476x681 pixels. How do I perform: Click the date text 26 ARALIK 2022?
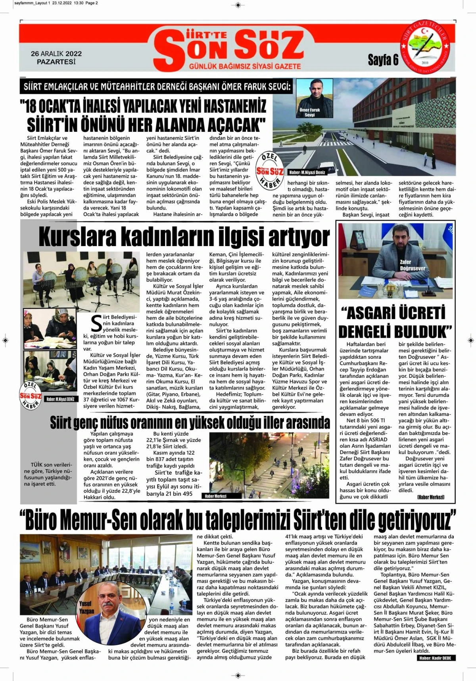tap(56, 54)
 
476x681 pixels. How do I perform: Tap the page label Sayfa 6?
tap(383, 60)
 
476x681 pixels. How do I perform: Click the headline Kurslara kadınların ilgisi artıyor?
tap(184, 237)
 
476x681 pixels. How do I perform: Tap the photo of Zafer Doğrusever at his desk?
tap(395, 261)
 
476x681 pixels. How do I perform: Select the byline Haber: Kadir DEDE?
tap(435, 658)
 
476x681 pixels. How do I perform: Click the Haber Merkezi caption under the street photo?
tap(215, 496)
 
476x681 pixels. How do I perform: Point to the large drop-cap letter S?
tap(96, 324)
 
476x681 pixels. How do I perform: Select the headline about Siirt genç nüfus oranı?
tap(190, 423)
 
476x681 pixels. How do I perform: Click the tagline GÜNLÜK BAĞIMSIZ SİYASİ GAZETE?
tap(245, 66)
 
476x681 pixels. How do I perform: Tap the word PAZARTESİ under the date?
tap(56, 62)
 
